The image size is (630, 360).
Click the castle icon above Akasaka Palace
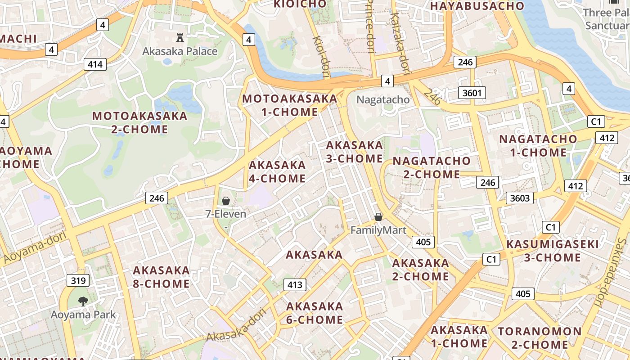(180, 37)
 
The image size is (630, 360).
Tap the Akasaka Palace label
(180, 51)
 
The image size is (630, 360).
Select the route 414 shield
(95, 64)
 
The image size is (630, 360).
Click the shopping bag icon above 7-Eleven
(226, 201)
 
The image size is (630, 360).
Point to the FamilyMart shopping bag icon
(378, 217)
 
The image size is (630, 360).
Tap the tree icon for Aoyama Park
(83, 301)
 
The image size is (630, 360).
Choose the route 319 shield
(78, 281)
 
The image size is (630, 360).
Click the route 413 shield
(295, 284)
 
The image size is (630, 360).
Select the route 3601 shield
(472, 93)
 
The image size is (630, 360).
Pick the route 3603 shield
(519, 198)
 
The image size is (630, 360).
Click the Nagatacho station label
(383, 99)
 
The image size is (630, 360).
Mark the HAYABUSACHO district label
(477, 6)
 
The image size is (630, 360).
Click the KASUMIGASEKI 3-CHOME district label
(553, 251)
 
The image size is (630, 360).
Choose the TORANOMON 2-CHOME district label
(540, 338)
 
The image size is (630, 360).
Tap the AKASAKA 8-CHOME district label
(161, 277)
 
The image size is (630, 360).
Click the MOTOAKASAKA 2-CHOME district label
(139, 122)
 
